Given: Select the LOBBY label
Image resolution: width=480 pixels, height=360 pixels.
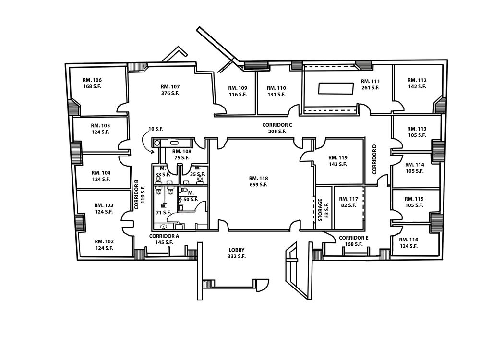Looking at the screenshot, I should [237, 250].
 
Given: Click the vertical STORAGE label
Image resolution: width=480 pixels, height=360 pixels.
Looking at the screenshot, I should [321, 210].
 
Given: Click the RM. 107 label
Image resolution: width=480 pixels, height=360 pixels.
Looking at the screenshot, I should [170, 87].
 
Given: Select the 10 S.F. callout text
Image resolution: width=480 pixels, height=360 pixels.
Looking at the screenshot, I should [157, 129].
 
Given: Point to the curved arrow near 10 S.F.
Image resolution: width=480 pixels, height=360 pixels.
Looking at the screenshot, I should [147, 142].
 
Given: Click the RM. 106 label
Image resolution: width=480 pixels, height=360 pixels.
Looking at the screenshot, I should [92, 80].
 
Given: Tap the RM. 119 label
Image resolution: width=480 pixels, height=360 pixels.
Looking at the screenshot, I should [337, 157].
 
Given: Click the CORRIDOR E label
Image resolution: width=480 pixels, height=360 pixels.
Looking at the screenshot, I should [354, 238].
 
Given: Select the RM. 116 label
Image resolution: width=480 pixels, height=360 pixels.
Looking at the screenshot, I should [408, 239].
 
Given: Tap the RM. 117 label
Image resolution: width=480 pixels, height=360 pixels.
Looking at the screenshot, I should [348, 199].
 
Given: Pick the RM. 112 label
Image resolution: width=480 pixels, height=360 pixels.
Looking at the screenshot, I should [417, 80].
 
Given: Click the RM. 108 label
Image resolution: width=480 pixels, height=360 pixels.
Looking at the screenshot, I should [182, 151].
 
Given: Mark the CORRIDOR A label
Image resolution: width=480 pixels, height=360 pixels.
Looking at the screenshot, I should [164, 236].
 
